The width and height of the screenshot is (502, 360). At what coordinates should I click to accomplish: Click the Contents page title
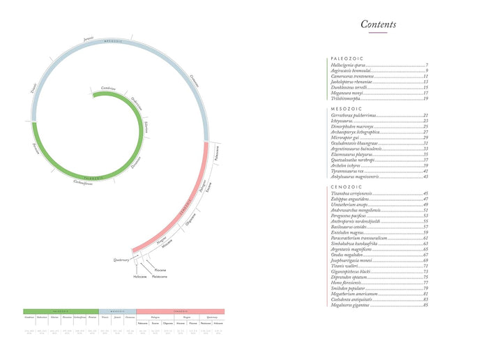click(x=379, y=24)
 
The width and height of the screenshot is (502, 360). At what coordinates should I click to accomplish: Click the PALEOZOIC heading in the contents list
click(x=347, y=59)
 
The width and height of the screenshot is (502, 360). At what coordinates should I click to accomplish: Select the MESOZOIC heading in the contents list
click(x=345, y=109)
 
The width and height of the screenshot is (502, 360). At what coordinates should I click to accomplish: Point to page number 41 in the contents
click(x=425, y=171)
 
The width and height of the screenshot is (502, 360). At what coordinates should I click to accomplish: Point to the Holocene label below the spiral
click(x=140, y=277)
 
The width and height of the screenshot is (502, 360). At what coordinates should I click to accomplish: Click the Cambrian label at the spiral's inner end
click(x=108, y=88)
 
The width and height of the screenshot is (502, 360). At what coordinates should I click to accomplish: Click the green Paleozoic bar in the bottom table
click(x=61, y=311)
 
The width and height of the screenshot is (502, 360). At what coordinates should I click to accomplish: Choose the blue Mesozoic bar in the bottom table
click(x=117, y=311)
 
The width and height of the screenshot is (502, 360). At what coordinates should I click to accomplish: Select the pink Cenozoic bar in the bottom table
click(x=181, y=311)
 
